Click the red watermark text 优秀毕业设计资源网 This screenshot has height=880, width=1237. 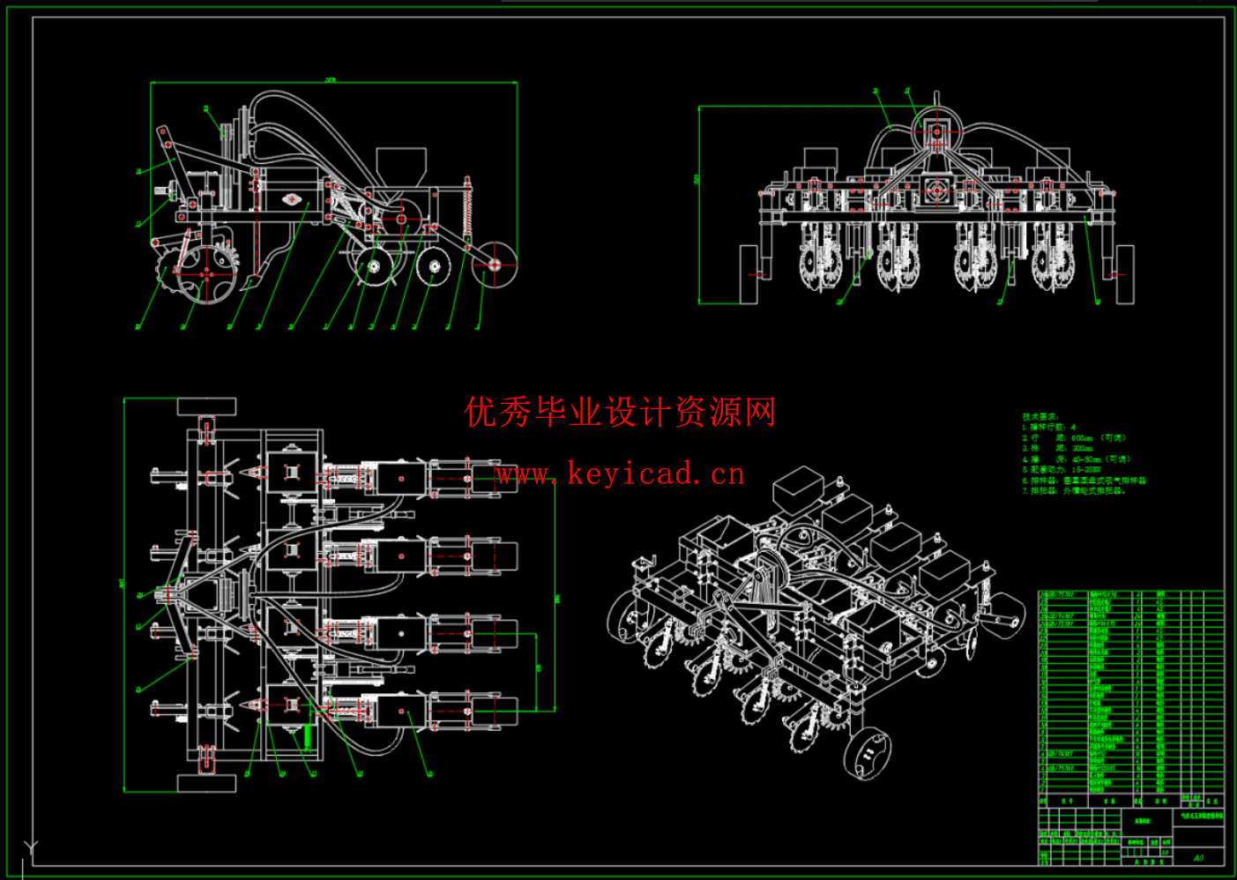click(x=620, y=412)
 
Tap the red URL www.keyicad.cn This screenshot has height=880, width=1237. click(x=620, y=474)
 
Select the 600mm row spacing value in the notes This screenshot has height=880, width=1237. click(x=1082, y=438)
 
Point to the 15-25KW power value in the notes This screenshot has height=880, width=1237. click(x=1085, y=470)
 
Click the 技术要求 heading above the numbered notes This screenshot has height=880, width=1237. click(x=1040, y=416)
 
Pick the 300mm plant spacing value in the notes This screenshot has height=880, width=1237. click(x=1082, y=449)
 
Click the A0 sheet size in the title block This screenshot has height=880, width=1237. click(x=1198, y=857)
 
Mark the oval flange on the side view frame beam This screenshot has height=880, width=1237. click(x=292, y=199)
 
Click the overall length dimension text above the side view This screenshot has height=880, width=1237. click(x=331, y=80)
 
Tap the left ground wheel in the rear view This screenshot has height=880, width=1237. click(x=749, y=274)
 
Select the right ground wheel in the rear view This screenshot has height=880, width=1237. click(x=1124, y=274)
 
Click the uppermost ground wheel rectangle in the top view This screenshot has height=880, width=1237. click(x=207, y=406)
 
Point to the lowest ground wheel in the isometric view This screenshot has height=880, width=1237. click(x=868, y=755)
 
